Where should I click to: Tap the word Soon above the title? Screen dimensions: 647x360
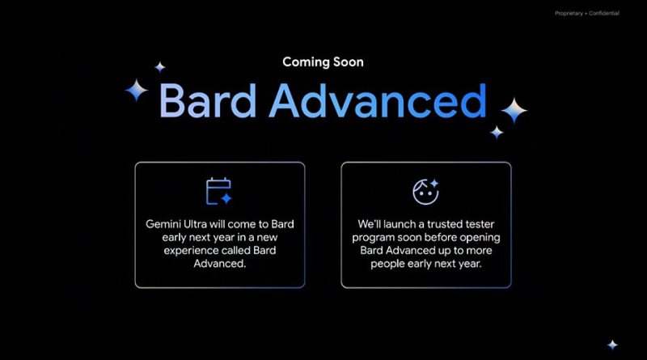(x=349, y=62)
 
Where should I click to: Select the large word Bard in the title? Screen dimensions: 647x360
(x=208, y=100)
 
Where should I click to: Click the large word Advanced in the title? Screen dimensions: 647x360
(x=378, y=100)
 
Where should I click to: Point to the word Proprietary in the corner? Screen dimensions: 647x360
(x=569, y=14)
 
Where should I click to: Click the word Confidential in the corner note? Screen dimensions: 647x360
(x=604, y=13)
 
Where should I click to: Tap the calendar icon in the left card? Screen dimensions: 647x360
(x=219, y=191)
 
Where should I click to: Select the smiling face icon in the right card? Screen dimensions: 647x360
(x=426, y=192)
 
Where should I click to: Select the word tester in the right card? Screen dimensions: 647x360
(x=480, y=224)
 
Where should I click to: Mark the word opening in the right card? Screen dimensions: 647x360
(x=480, y=238)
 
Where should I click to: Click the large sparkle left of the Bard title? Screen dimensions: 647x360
(x=137, y=90)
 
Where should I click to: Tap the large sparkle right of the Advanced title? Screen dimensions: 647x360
(x=514, y=110)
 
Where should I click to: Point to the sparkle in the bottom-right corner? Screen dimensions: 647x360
(x=612, y=345)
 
